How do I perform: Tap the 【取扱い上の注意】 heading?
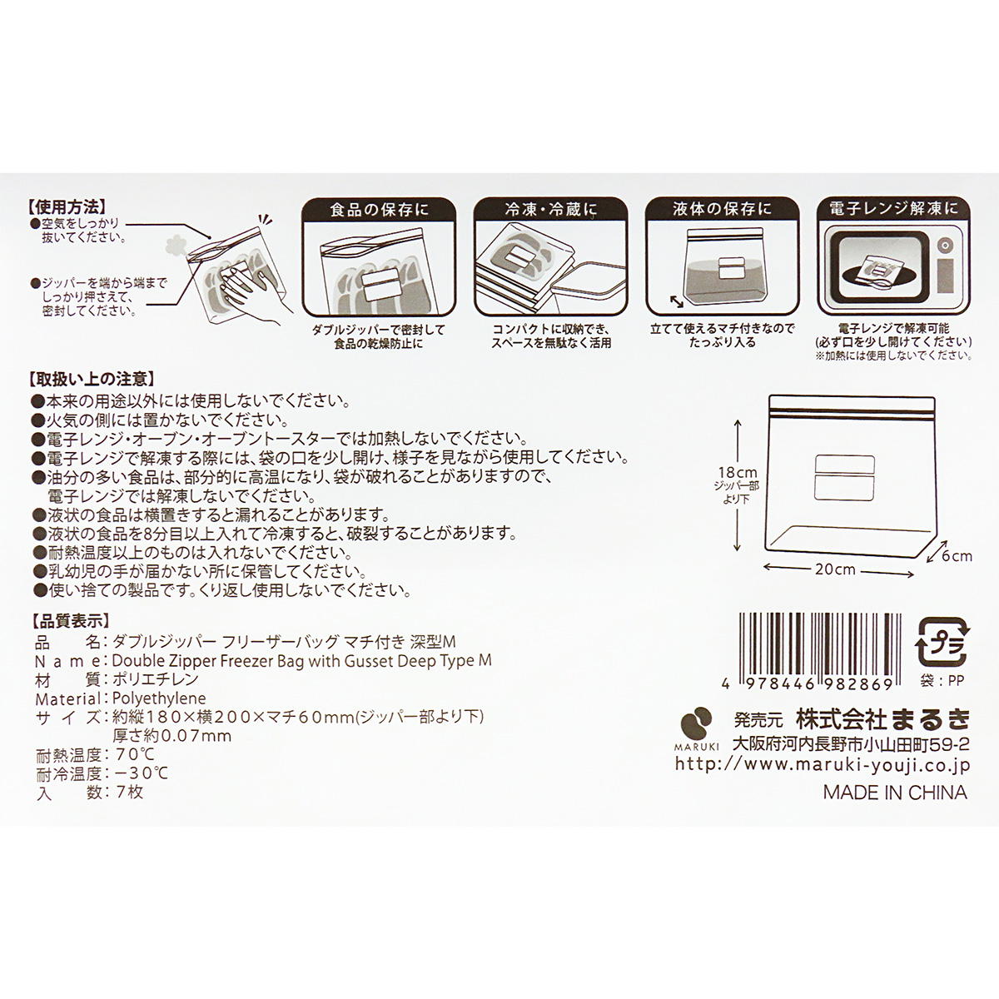pos(89,380)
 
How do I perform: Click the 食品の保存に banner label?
pos(378,209)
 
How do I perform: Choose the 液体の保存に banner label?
pos(722,209)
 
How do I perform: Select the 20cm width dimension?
pos(835,570)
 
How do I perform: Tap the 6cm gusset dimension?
pos(957,556)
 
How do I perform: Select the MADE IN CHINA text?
pos(895,793)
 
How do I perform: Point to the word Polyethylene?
pos(158,698)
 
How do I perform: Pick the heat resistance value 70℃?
pos(132,755)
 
